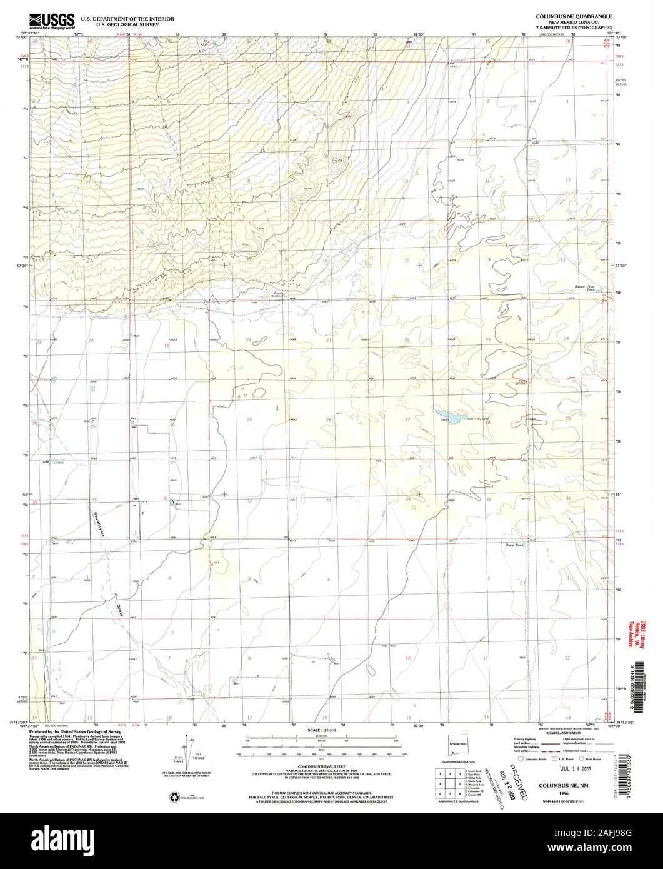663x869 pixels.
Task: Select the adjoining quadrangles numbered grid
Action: pos(447,782)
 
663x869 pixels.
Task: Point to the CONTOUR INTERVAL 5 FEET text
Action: pos(331,768)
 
